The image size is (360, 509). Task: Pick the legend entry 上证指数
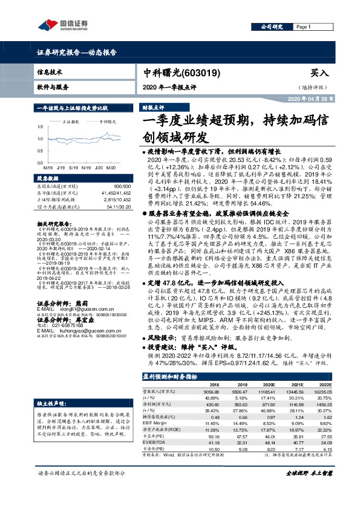[73, 121]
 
